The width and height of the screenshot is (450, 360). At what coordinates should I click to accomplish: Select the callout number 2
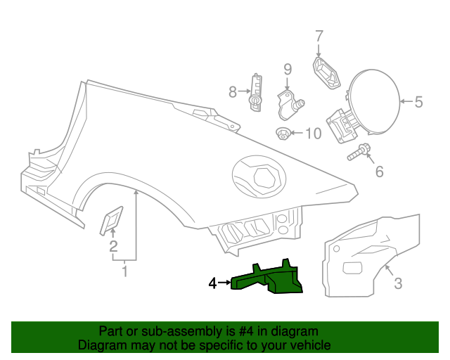click(x=112, y=246)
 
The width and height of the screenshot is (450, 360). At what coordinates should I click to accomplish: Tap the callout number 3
click(x=397, y=283)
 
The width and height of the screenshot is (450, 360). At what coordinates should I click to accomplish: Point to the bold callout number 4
click(x=212, y=283)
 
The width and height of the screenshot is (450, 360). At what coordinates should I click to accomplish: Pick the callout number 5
click(x=418, y=103)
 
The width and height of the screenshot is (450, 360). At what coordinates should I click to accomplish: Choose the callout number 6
click(x=379, y=171)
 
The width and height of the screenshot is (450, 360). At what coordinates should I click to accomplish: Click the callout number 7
click(x=319, y=36)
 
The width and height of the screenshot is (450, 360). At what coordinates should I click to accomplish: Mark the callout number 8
click(x=233, y=91)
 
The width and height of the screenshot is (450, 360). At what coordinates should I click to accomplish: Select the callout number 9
click(x=287, y=69)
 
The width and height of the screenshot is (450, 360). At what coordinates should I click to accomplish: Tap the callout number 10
click(x=312, y=133)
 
